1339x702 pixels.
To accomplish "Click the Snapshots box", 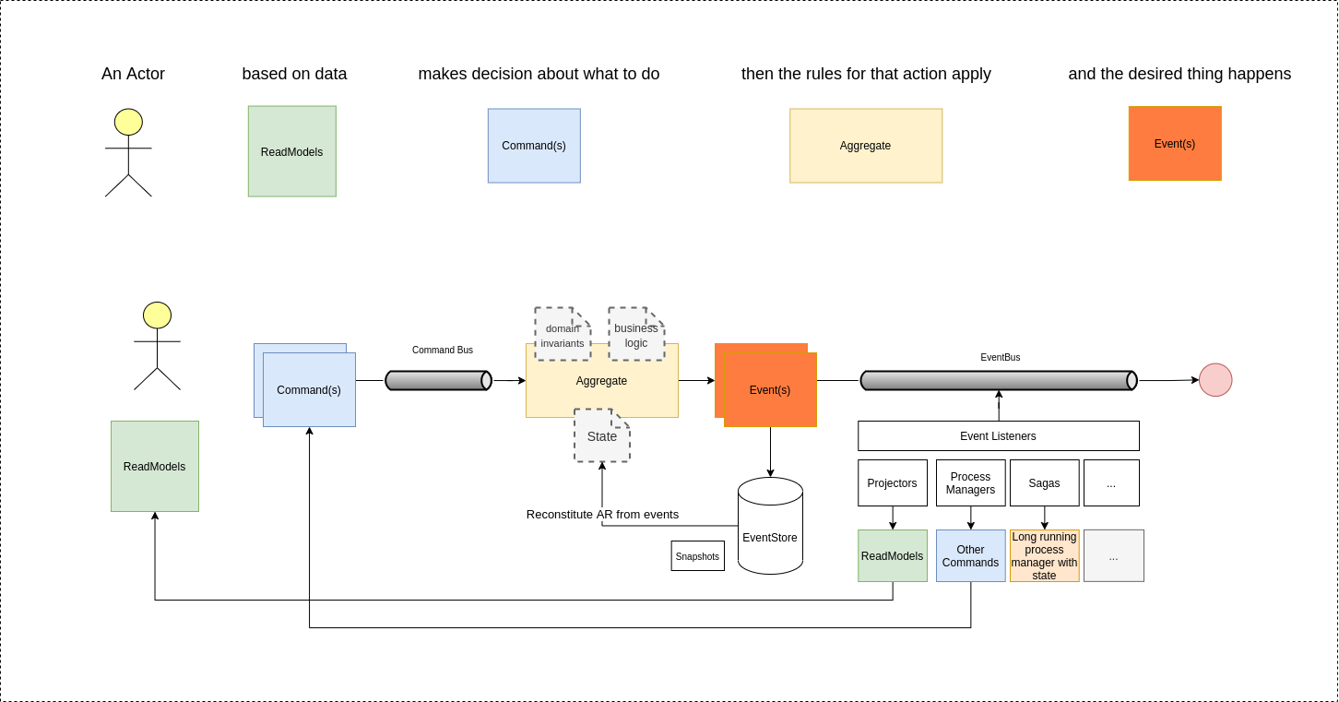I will pos(697,556).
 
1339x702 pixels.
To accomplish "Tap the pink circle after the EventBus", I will pos(1215,380).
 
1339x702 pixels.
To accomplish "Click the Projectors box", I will pos(892,483).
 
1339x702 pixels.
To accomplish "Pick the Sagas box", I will pos(1044,483).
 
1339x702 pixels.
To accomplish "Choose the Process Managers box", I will pos(970,483).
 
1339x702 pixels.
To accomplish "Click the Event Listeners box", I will pos(998,436).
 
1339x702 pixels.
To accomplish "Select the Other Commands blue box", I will pos(970,556).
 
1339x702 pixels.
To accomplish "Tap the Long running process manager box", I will pos(1044,556).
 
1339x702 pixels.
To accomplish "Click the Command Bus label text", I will pos(442,351).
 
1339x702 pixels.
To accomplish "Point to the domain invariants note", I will pos(562,335).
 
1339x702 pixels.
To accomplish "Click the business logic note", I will pos(636,335).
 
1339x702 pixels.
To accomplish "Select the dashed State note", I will pos(601,436).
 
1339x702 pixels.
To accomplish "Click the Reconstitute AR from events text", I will pos(602,515).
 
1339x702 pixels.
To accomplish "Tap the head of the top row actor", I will pos(128,122).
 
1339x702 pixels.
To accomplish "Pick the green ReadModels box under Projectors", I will pos(892,556).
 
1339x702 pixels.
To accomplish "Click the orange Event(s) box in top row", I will pos(1175,144).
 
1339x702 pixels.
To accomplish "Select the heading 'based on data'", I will pos(294,74).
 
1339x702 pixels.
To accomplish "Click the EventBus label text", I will pos(1000,358).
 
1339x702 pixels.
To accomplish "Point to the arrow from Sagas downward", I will pos(1044,518).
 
